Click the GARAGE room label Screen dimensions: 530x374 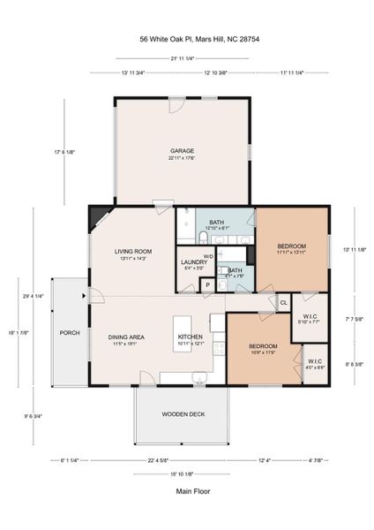(183, 151)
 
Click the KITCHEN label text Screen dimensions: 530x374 (191, 337)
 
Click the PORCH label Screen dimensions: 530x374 (70, 333)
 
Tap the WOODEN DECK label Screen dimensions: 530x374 (184, 414)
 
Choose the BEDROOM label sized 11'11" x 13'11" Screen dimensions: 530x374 (292, 246)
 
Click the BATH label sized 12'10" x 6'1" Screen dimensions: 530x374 (217, 223)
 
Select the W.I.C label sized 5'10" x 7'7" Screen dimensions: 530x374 (310, 317)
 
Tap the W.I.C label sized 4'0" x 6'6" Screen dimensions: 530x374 (315, 362)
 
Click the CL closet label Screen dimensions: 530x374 (283, 303)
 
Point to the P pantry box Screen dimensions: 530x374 (206, 285)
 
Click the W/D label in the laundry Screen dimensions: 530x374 (208, 257)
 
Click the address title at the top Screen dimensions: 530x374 (186, 39)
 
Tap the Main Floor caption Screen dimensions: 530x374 (186, 491)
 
